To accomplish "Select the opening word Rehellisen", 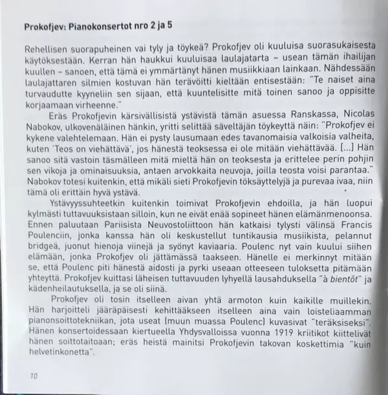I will tap(47, 49).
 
